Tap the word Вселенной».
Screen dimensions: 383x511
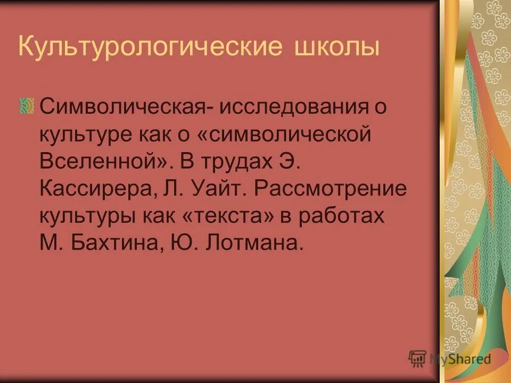pos(103,161)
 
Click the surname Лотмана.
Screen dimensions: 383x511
pos(258,243)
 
